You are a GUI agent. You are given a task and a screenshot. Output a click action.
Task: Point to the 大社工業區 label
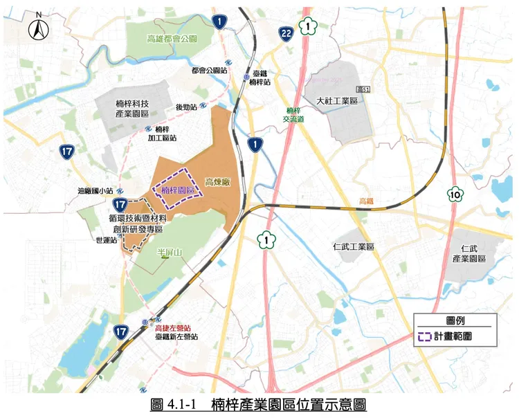(336, 100)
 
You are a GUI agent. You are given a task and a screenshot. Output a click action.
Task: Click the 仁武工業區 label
(353, 246)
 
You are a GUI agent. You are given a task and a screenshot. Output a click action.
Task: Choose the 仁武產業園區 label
(473, 253)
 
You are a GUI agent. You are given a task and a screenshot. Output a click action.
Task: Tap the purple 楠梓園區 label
(176, 190)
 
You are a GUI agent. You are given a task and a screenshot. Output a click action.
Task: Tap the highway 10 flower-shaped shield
(455, 194)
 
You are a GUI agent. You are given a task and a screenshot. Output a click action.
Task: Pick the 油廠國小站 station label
(95, 191)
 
